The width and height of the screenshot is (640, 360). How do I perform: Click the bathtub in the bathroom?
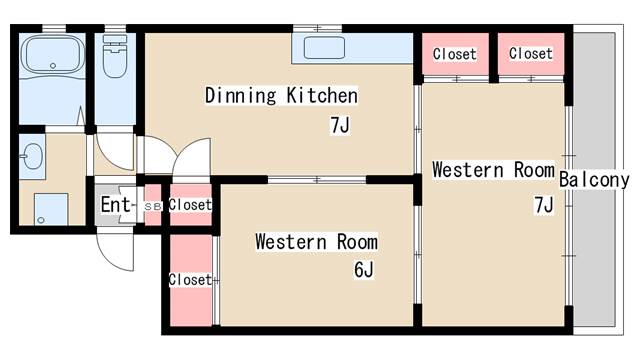click(53, 55)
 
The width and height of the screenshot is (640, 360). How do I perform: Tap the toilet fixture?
click(115, 56)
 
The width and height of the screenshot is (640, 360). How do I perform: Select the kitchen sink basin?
click(324, 48)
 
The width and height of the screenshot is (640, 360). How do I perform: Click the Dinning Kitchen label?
click(281, 96)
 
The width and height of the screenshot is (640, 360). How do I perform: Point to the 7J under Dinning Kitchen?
click(340, 125)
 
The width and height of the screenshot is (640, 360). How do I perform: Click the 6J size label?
click(363, 269)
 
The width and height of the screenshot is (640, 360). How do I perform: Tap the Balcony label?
click(594, 180)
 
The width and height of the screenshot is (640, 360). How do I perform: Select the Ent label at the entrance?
click(116, 204)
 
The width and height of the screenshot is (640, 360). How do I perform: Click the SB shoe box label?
click(153, 207)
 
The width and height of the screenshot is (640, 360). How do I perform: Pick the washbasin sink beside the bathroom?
click(32, 156)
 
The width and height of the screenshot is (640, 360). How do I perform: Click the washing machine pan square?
click(51, 209)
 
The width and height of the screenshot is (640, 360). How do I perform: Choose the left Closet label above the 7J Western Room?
click(455, 54)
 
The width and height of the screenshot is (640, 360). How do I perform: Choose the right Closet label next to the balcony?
click(531, 53)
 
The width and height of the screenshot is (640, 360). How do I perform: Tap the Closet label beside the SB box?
click(190, 204)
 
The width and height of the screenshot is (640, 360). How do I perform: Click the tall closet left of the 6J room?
click(191, 280)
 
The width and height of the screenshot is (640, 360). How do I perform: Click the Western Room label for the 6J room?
click(316, 242)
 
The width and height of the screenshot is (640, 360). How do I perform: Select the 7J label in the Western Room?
click(544, 205)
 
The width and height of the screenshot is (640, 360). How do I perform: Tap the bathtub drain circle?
click(53, 66)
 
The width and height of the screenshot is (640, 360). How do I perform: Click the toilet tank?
click(115, 40)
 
